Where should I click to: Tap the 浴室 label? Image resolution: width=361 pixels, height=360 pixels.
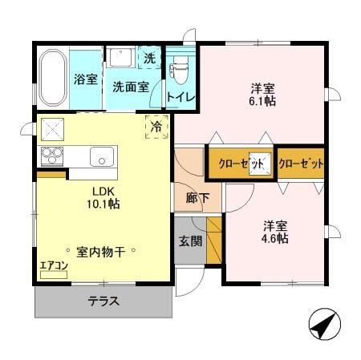tap(85, 81)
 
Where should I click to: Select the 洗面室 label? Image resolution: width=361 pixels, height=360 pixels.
tap(129, 87)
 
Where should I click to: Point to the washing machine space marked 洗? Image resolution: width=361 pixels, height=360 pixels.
tap(150, 59)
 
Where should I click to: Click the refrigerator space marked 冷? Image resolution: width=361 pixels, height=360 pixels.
tap(157, 125)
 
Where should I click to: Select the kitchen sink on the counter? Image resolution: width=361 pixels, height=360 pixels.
tap(102, 156)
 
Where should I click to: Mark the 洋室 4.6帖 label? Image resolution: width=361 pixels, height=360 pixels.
tap(274, 232)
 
